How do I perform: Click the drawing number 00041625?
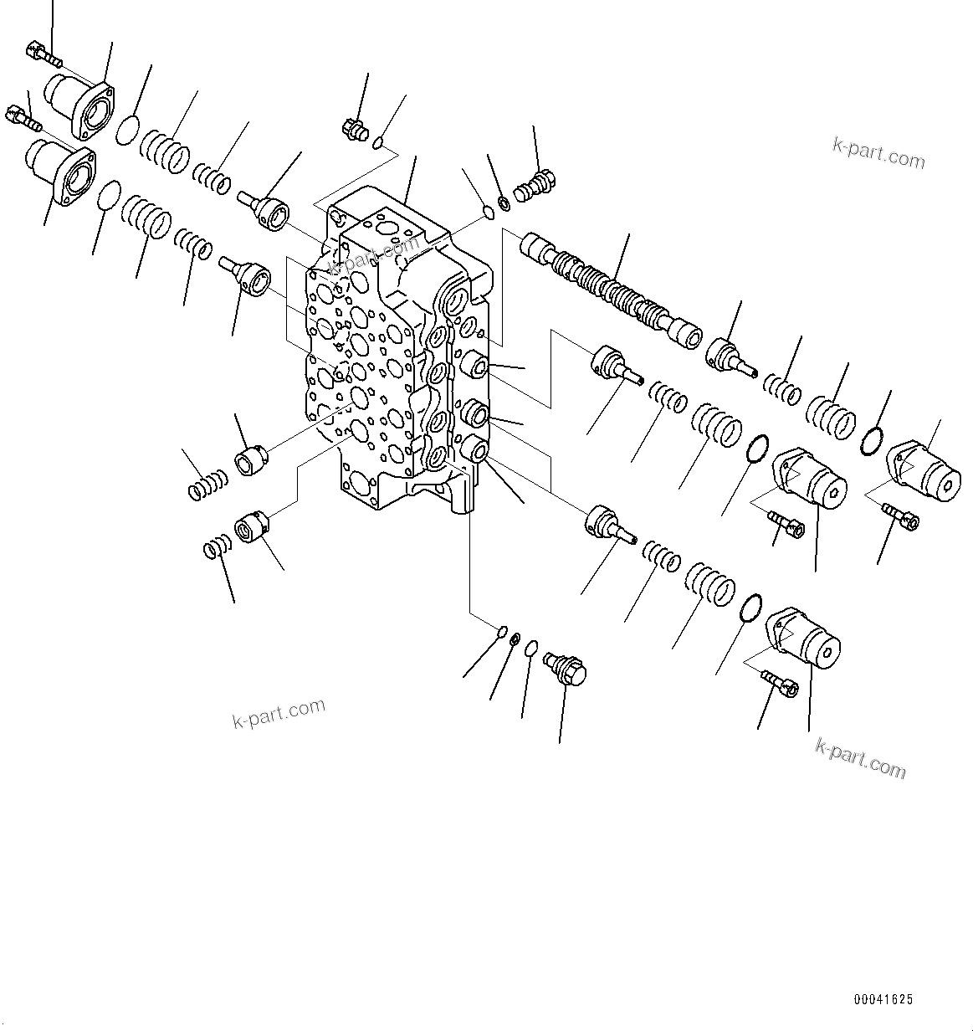point(883,999)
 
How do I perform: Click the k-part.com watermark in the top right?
point(878,154)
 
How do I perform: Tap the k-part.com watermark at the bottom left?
point(279,713)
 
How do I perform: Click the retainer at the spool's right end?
point(730,352)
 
